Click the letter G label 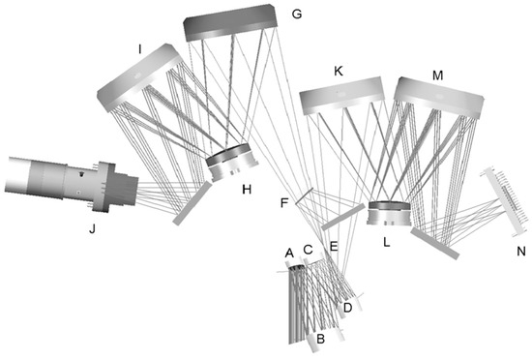[x=297, y=15]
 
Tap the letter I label [x=139, y=50]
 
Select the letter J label [x=92, y=229]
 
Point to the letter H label [x=247, y=190]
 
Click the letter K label [x=339, y=72]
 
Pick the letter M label [x=437, y=75]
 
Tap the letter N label [x=520, y=252]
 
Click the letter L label [x=387, y=242]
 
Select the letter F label [x=284, y=203]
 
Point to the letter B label [x=320, y=339]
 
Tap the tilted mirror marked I [x=140, y=77]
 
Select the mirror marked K [x=342, y=96]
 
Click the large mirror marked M [x=439, y=97]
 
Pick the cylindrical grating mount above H [x=232, y=163]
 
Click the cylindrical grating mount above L [x=389, y=214]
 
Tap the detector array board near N [x=505, y=201]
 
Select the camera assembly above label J [x=72, y=181]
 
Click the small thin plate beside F [x=304, y=195]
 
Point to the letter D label [x=347, y=308]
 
